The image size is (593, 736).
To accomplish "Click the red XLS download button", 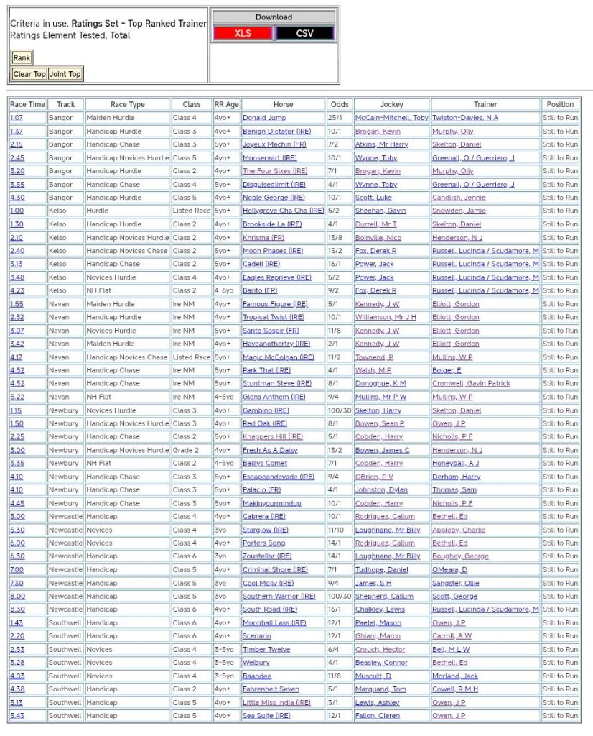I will (x=243, y=33).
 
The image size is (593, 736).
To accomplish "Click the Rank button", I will (x=22, y=58).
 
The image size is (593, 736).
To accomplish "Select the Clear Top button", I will (x=29, y=74).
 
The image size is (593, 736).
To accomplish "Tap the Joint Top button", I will (x=65, y=74).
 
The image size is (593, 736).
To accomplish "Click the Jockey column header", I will (x=391, y=104).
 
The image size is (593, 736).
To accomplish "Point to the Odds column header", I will (x=339, y=104).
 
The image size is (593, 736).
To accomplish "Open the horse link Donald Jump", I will (x=264, y=118).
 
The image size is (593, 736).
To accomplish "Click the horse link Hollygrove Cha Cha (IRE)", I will (x=283, y=211).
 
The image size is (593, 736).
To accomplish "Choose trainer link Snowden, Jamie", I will (x=459, y=211).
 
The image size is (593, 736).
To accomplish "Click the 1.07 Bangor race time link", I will (x=17, y=118).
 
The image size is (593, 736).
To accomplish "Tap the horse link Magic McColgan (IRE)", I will (x=278, y=357).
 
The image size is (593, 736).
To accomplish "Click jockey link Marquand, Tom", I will (x=380, y=689).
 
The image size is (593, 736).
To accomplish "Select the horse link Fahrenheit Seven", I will (x=271, y=689).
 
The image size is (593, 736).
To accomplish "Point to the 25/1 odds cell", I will (x=335, y=118).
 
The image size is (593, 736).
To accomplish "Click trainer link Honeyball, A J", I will (x=455, y=464).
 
